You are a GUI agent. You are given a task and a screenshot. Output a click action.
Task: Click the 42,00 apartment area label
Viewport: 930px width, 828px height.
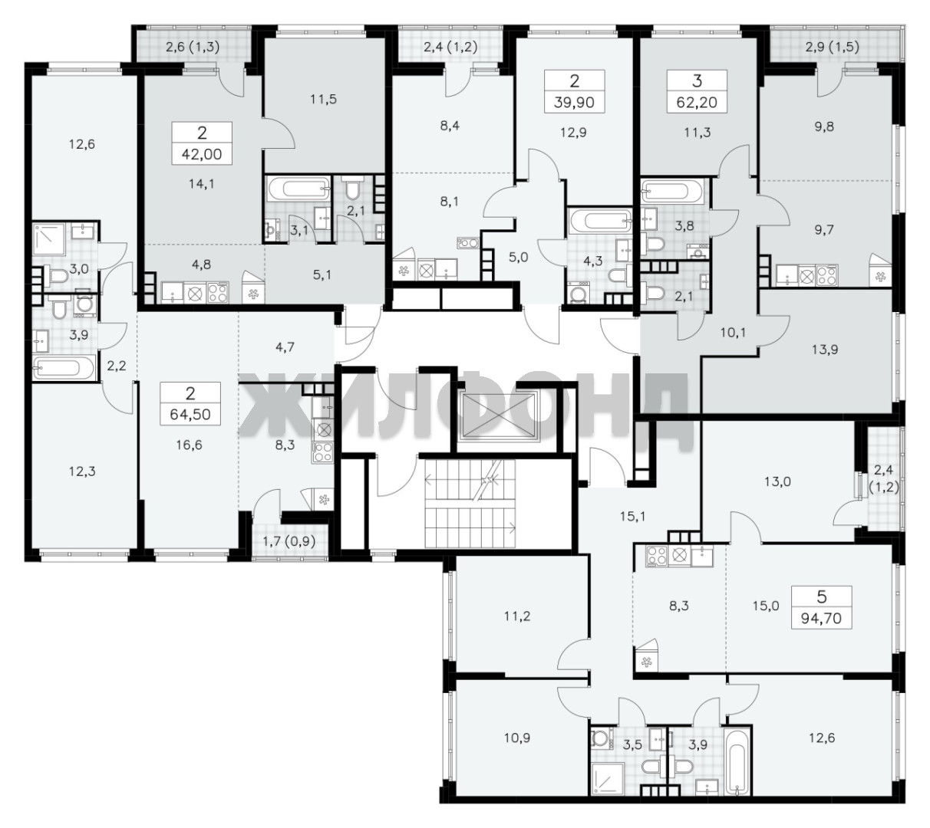[202, 154]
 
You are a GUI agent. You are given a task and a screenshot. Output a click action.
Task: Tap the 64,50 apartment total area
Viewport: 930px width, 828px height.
[190, 414]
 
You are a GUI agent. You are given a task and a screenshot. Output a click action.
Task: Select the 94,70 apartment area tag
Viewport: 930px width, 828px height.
[821, 619]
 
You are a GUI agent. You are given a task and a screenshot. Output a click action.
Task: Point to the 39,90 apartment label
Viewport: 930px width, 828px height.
[574, 102]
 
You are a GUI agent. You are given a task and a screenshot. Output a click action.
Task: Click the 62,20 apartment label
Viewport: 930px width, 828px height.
[697, 102]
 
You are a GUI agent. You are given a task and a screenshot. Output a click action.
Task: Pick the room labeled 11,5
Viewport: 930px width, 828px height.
[323, 99]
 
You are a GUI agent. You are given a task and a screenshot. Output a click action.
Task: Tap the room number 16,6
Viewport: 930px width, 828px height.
[189, 445]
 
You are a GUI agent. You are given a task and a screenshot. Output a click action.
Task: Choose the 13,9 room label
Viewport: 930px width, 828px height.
[824, 350]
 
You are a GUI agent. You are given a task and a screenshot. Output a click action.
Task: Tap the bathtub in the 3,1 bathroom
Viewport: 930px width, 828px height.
[298, 189]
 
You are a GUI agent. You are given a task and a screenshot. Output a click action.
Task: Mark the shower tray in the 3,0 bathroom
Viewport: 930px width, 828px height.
[51, 239]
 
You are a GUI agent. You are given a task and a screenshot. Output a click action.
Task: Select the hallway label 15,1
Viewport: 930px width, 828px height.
[632, 517]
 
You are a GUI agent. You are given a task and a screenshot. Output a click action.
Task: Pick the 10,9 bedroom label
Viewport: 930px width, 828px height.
[517, 738]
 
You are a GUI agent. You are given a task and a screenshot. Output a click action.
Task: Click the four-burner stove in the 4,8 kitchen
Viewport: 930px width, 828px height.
[218, 292]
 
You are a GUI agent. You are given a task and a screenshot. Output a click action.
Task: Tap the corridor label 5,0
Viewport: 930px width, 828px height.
[518, 258]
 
